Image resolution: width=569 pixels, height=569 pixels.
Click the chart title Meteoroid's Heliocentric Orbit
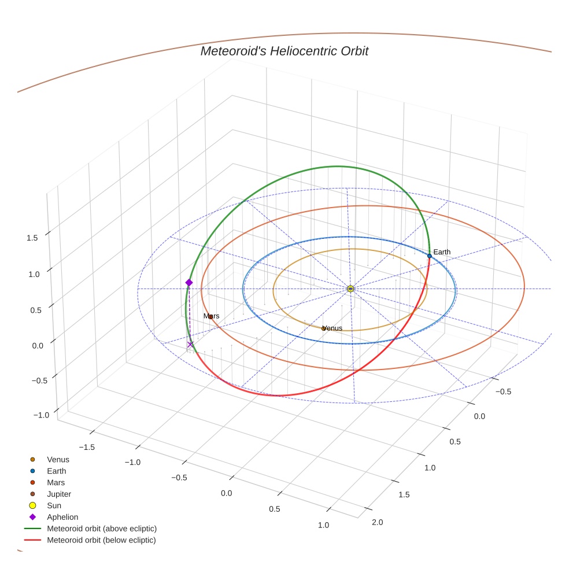(284, 51)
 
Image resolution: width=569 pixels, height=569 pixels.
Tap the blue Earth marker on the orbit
(429, 256)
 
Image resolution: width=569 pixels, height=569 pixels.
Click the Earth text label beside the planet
(442, 252)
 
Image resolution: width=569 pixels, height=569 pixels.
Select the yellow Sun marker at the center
(350, 289)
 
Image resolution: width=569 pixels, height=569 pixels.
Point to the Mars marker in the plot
(210, 317)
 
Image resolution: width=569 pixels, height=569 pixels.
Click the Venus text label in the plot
(332, 328)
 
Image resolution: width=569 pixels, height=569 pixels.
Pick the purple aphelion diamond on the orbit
(189, 282)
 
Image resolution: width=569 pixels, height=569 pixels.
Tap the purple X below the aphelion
(190, 345)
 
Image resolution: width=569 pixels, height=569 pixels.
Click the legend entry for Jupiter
(59, 494)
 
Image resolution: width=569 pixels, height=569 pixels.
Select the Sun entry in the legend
(54, 505)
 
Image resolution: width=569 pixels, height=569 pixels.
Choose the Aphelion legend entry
(62, 517)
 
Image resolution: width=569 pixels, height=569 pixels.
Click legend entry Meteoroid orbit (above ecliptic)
(102, 529)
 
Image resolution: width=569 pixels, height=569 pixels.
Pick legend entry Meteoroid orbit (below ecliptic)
(101, 540)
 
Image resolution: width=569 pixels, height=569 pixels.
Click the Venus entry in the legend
(58, 459)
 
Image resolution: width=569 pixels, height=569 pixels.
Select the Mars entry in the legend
(56, 482)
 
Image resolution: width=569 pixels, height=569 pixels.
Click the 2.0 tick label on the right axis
(377, 522)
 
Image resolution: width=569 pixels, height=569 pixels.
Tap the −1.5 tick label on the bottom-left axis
(87, 447)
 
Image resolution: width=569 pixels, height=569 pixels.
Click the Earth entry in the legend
(56, 471)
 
